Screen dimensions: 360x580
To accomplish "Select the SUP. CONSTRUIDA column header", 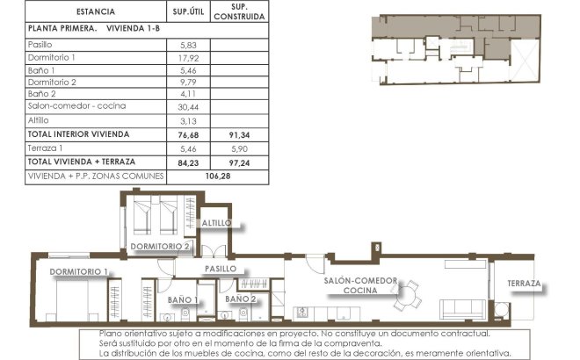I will click(x=239, y=12).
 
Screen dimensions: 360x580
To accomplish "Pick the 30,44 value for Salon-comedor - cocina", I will click(x=191, y=105).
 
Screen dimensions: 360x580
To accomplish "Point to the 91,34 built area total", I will click(x=239, y=134).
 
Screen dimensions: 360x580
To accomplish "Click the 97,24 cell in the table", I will click(x=239, y=162).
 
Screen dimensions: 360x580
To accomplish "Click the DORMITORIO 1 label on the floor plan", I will click(x=78, y=271).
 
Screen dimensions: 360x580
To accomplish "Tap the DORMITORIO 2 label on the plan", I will click(x=161, y=247).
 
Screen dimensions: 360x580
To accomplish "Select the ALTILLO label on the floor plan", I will click(x=216, y=223).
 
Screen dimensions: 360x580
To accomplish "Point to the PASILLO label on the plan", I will click(x=221, y=268).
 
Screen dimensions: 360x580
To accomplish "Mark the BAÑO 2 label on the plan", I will click(x=241, y=300).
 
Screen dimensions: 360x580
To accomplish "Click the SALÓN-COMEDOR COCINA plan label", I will click(x=360, y=285).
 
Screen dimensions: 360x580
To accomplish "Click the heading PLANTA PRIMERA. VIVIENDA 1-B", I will click(x=83, y=28).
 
